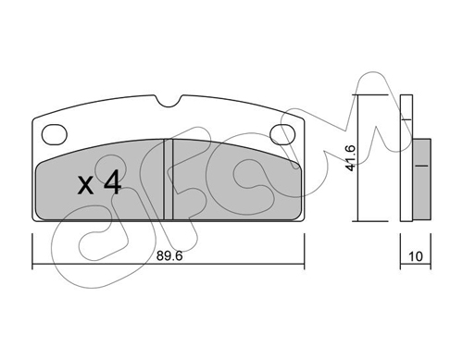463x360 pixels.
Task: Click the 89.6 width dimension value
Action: click(169, 255)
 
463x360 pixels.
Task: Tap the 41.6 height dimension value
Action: click(351, 158)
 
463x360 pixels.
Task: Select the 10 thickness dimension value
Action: click(416, 256)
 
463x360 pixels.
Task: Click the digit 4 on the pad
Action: click(113, 182)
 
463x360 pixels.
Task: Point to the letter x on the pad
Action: click(85, 185)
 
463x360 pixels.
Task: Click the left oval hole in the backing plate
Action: click(55, 134)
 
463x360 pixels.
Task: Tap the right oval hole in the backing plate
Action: click(282, 134)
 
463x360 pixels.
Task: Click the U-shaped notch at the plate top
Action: click(169, 101)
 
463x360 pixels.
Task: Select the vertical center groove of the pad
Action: click(169, 180)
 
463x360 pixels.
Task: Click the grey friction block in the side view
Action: click(421, 180)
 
